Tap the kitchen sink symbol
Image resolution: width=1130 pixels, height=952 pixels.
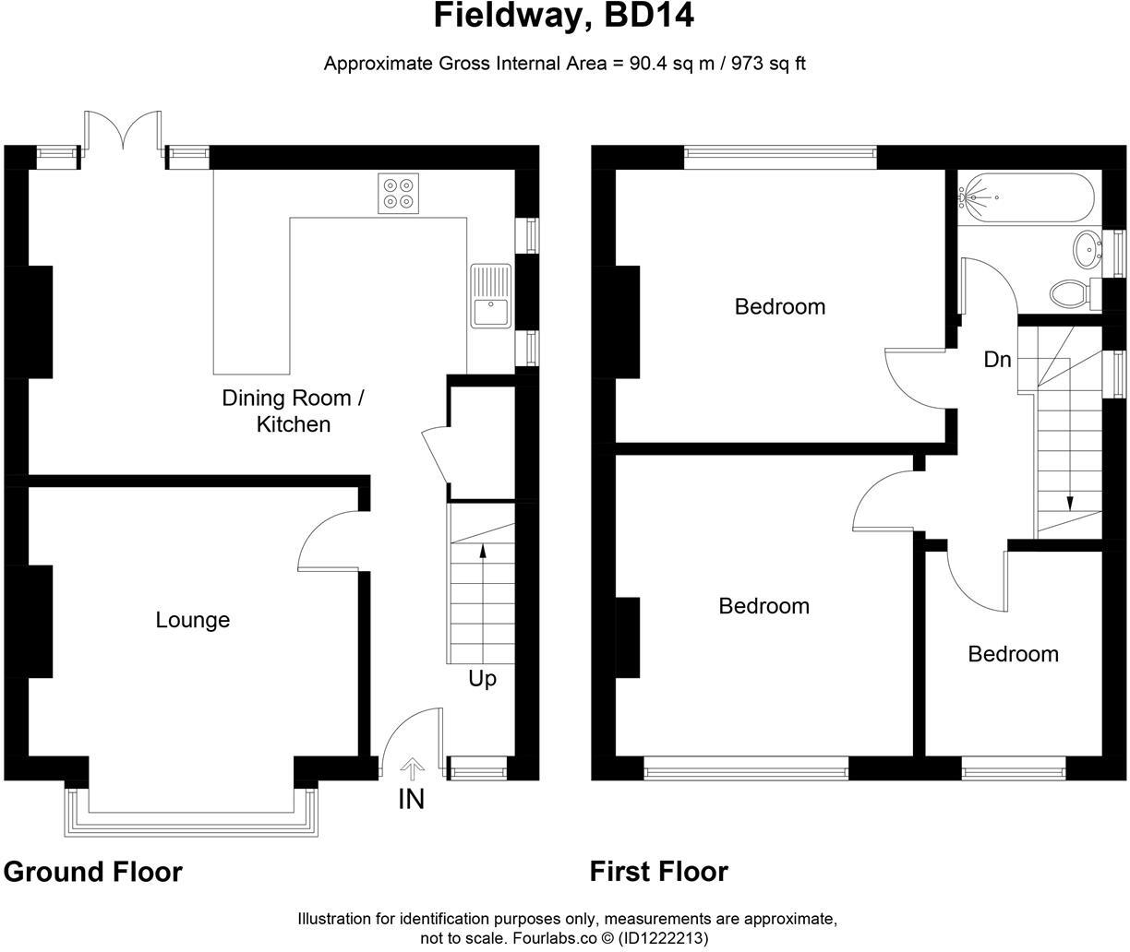point(490,296)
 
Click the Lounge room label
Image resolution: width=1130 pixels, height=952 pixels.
point(192,620)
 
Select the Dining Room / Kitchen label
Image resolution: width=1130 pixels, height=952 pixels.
point(293,411)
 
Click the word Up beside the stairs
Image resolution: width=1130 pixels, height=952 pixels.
point(482,679)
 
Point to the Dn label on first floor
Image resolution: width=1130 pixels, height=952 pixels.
point(997,360)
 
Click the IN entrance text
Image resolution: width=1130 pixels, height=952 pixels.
point(411,799)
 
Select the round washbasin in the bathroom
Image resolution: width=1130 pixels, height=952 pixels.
point(1088,247)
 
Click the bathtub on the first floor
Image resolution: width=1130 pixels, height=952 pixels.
point(1027,197)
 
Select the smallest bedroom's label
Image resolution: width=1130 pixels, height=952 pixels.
point(1013,654)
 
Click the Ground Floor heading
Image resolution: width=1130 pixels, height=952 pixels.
point(93,872)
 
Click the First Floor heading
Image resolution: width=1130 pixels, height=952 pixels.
point(659,872)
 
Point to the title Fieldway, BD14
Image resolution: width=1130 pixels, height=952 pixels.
point(564,16)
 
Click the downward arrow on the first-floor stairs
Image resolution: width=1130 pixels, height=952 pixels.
point(1070,503)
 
